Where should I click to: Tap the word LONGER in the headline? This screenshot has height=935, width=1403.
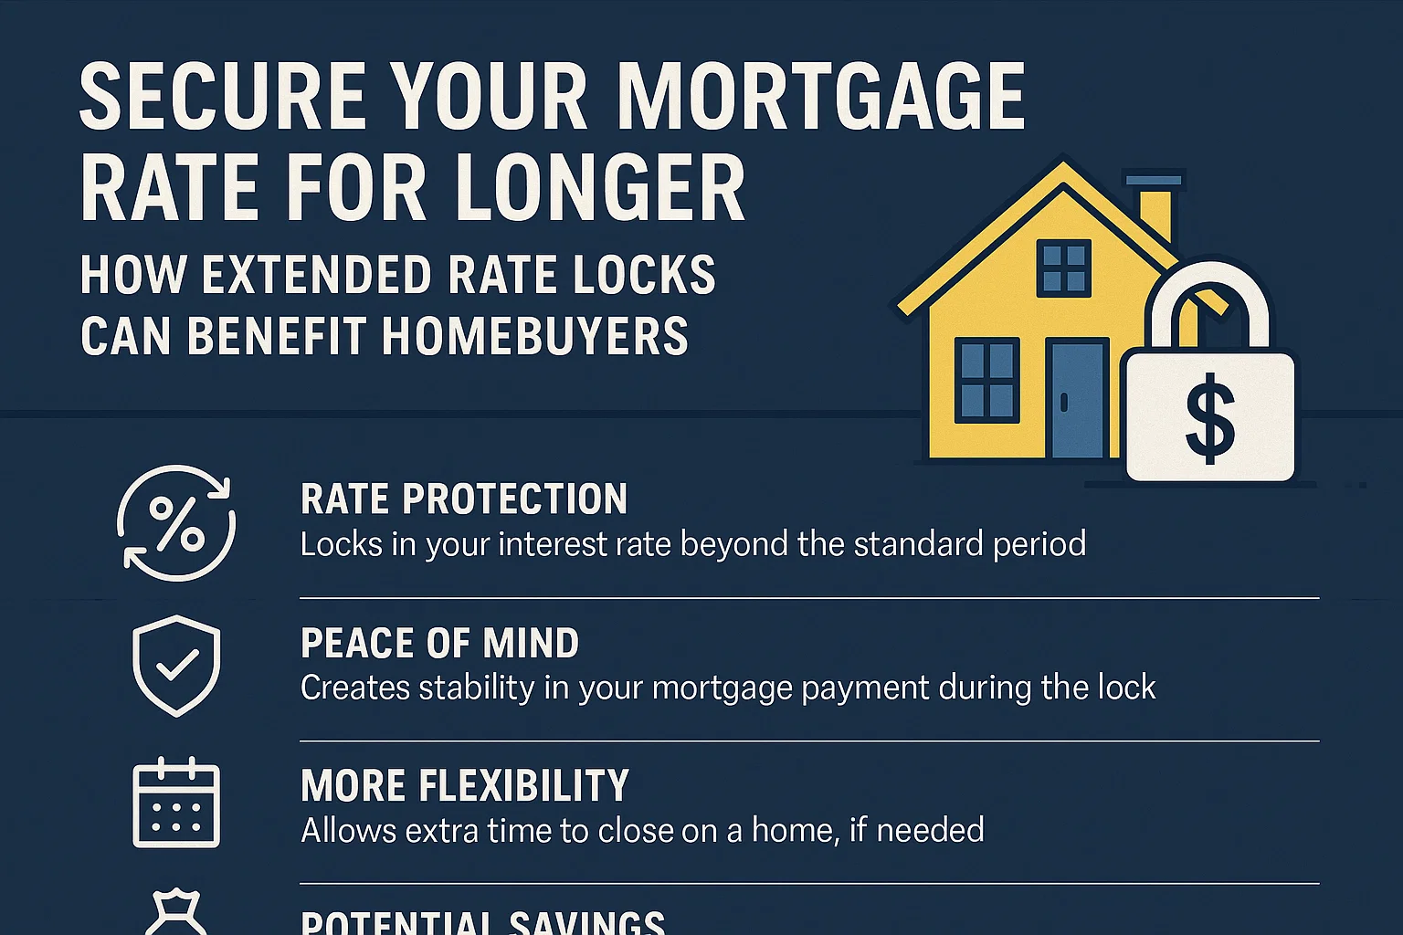coord(600,189)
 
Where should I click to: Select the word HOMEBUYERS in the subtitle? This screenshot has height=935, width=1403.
coord(534,336)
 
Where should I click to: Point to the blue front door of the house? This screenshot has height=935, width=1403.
coord(1078,399)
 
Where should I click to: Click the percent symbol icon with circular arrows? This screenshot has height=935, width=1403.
coord(176,523)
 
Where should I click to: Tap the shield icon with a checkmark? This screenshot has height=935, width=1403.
coord(176,665)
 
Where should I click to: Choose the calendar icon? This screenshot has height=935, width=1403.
coord(176,804)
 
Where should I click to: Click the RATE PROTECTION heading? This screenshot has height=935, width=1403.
coord(464,499)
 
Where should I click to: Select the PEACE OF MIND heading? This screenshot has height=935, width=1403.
coord(439,643)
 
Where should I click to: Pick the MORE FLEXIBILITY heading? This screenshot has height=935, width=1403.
coord(465,785)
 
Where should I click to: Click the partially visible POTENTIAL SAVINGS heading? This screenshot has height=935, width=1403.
coord(482,922)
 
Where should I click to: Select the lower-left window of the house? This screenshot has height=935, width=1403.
coord(986,381)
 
